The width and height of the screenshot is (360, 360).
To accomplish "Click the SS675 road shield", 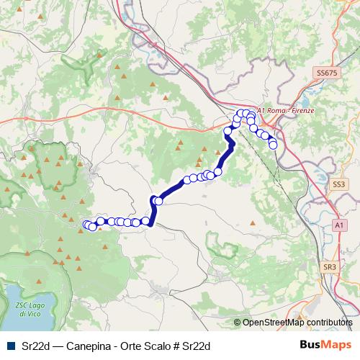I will pos(325,73).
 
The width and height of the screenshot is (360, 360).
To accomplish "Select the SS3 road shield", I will pos(338,185).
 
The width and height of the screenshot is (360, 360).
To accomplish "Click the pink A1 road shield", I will pos(338,225).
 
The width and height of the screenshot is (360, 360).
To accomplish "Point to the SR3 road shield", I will pos(330,267).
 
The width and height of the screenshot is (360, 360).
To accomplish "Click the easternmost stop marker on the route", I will pos(273,145).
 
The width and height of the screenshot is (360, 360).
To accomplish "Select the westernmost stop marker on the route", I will pos(87,225).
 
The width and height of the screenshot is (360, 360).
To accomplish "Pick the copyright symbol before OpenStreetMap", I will pos(238,323).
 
